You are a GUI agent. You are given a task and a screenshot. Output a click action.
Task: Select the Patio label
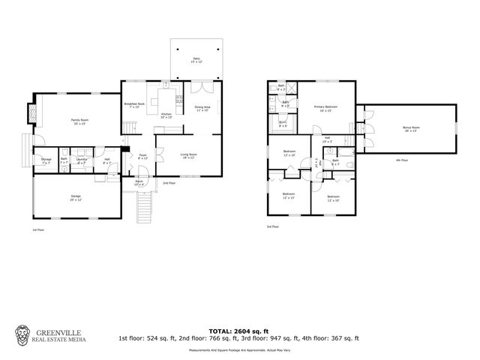(x=196, y=58)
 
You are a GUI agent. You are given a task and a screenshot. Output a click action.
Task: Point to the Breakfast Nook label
(x=135, y=105)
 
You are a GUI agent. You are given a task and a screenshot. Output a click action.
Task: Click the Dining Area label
(x=202, y=106)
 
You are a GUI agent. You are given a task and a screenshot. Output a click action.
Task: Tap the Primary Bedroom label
(x=325, y=108)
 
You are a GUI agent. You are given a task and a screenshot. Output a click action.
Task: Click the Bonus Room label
(x=410, y=128)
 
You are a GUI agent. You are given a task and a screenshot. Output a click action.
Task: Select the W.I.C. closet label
(x=283, y=124)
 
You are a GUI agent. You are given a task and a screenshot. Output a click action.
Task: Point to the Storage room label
(x=46, y=160)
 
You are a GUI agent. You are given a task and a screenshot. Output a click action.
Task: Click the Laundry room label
(x=81, y=160)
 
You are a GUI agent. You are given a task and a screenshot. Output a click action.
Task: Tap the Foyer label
(x=143, y=157)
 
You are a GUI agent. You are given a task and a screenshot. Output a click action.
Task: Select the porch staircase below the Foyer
(x=143, y=202)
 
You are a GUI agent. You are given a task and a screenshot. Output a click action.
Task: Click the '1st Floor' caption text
(x=38, y=229)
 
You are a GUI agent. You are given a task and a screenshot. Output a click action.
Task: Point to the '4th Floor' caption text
(x=402, y=160)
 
